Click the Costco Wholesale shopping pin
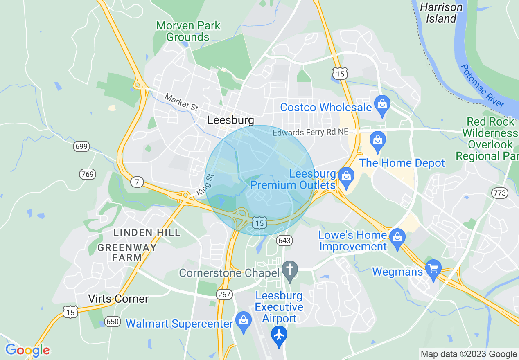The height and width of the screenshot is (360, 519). (x=382, y=105)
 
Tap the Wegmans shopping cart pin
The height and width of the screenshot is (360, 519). (x=433, y=268)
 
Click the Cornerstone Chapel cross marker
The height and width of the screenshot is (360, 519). (x=290, y=270)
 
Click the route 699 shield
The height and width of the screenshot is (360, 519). (x=81, y=146)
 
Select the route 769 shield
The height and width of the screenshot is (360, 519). (x=87, y=174)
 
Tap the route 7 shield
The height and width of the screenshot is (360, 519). (x=137, y=182)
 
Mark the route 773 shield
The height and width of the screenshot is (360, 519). (x=500, y=193)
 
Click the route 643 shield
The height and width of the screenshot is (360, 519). (x=284, y=240)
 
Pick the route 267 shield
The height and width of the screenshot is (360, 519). (x=225, y=294)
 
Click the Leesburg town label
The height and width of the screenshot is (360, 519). (x=230, y=120)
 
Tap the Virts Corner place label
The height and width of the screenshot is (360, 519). (x=118, y=299)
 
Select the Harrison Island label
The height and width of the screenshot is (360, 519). (x=441, y=13)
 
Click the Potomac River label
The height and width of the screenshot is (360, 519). (x=482, y=85)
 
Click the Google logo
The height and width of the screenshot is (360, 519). (x=27, y=350)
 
